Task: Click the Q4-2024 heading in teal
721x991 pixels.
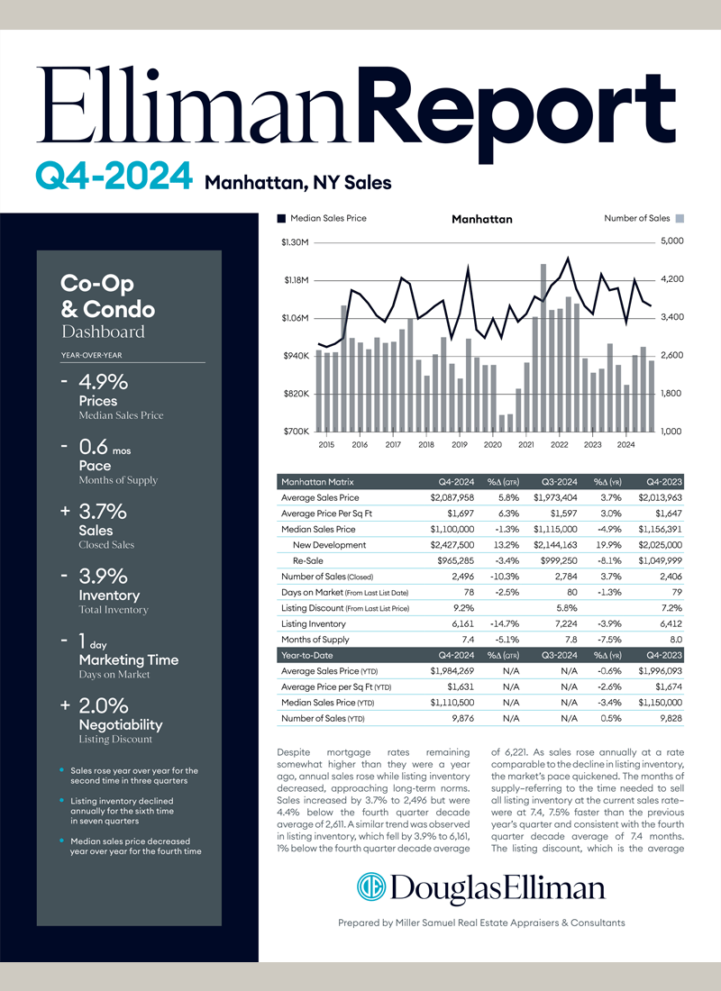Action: tap(114, 176)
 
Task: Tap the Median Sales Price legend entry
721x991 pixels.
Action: tap(322, 218)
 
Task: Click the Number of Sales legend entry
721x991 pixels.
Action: tap(643, 218)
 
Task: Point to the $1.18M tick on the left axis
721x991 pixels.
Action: tap(296, 280)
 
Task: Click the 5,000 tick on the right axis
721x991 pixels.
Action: tap(672, 241)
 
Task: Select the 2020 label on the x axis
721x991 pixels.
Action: tap(493, 445)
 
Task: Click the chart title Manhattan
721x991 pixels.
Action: tap(482, 219)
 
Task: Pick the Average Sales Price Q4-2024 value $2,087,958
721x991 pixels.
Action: tap(452, 498)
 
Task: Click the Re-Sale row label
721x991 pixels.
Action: tap(308, 560)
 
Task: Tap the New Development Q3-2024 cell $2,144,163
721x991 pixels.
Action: tap(555, 545)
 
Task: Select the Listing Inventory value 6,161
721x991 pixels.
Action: tap(462, 623)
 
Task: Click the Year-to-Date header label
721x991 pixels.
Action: tap(306, 655)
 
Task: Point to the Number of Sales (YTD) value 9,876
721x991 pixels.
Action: tap(463, 719)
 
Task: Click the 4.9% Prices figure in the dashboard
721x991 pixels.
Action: tap(103, 382)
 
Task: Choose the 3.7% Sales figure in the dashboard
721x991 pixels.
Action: tap(103, 512)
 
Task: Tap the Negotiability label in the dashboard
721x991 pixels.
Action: tap(121, 725)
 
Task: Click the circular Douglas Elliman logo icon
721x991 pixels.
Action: tap(371, 886)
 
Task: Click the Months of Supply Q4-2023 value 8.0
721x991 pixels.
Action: tap(676, 640)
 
